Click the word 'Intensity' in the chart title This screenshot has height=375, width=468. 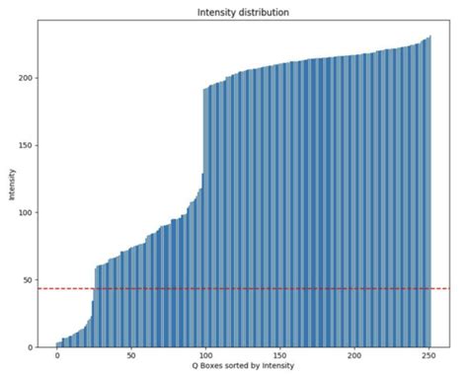tap(220, 13)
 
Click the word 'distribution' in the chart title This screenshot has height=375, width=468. tap(261, 13)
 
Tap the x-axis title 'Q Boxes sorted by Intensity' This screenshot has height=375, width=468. tap(242, 367)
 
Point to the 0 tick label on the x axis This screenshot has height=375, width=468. tap(57, 355)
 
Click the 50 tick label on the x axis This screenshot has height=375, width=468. tap(131, 355)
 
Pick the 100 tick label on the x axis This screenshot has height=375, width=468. tap(206, 355)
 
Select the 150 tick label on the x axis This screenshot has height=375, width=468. tap(280, 355)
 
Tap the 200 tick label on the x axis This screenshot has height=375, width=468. tap(355, 355)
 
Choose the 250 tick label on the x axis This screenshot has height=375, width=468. tap(429, 355)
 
